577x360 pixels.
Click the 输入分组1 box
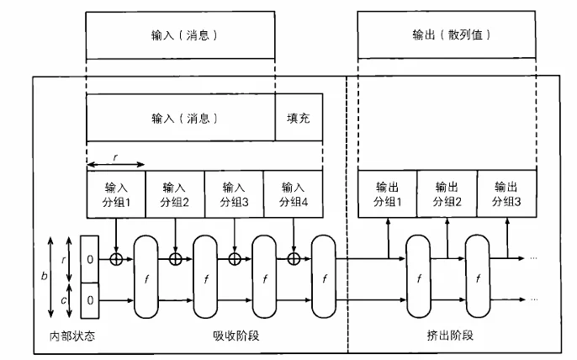[x=116, y=194]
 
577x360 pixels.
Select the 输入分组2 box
[x=175, y=194]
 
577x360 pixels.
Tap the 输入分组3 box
[x=234, y=194]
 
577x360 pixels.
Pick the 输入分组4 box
[x=293, y=194]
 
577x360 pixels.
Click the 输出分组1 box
[x=389, y=194]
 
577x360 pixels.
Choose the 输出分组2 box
[x=447, y=194]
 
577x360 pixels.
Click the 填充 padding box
[x=299, y=118]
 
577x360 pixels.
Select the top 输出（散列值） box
[x=447, y=35]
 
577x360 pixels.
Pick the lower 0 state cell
[x=91, y=299]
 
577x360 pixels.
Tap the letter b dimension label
[x=43, y=276]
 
